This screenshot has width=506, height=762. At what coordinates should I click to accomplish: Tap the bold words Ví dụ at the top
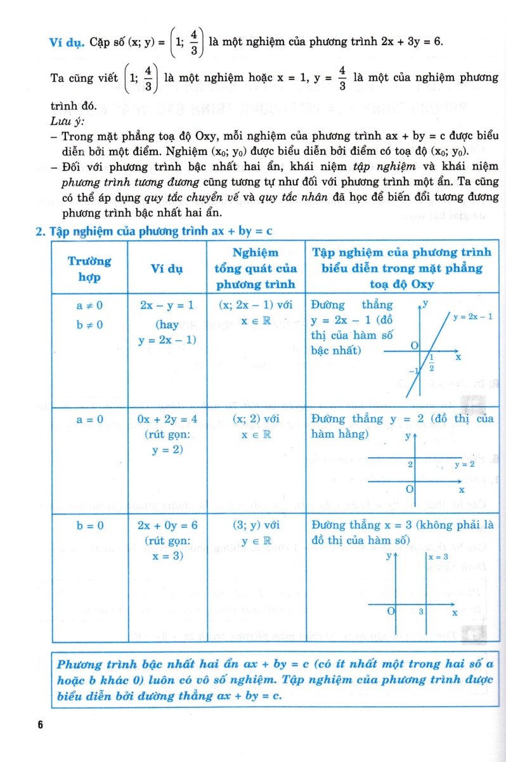(67, 43)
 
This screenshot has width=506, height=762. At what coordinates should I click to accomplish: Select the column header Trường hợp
(89, 269)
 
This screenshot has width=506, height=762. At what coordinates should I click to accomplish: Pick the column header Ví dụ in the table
(167, 269)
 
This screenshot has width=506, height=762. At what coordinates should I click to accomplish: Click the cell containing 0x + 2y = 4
(168, 419)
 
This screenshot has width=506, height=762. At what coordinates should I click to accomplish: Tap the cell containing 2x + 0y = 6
(168, 525)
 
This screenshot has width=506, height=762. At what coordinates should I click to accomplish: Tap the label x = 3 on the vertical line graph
(438, 557)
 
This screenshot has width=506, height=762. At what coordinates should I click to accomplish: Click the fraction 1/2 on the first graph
(431, 363)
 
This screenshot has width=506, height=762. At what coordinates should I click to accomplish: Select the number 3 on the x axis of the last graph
(420, 612)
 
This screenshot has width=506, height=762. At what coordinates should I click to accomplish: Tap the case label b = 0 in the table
(89, 525)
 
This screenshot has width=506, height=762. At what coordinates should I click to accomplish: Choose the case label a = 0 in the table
(89, 419)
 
